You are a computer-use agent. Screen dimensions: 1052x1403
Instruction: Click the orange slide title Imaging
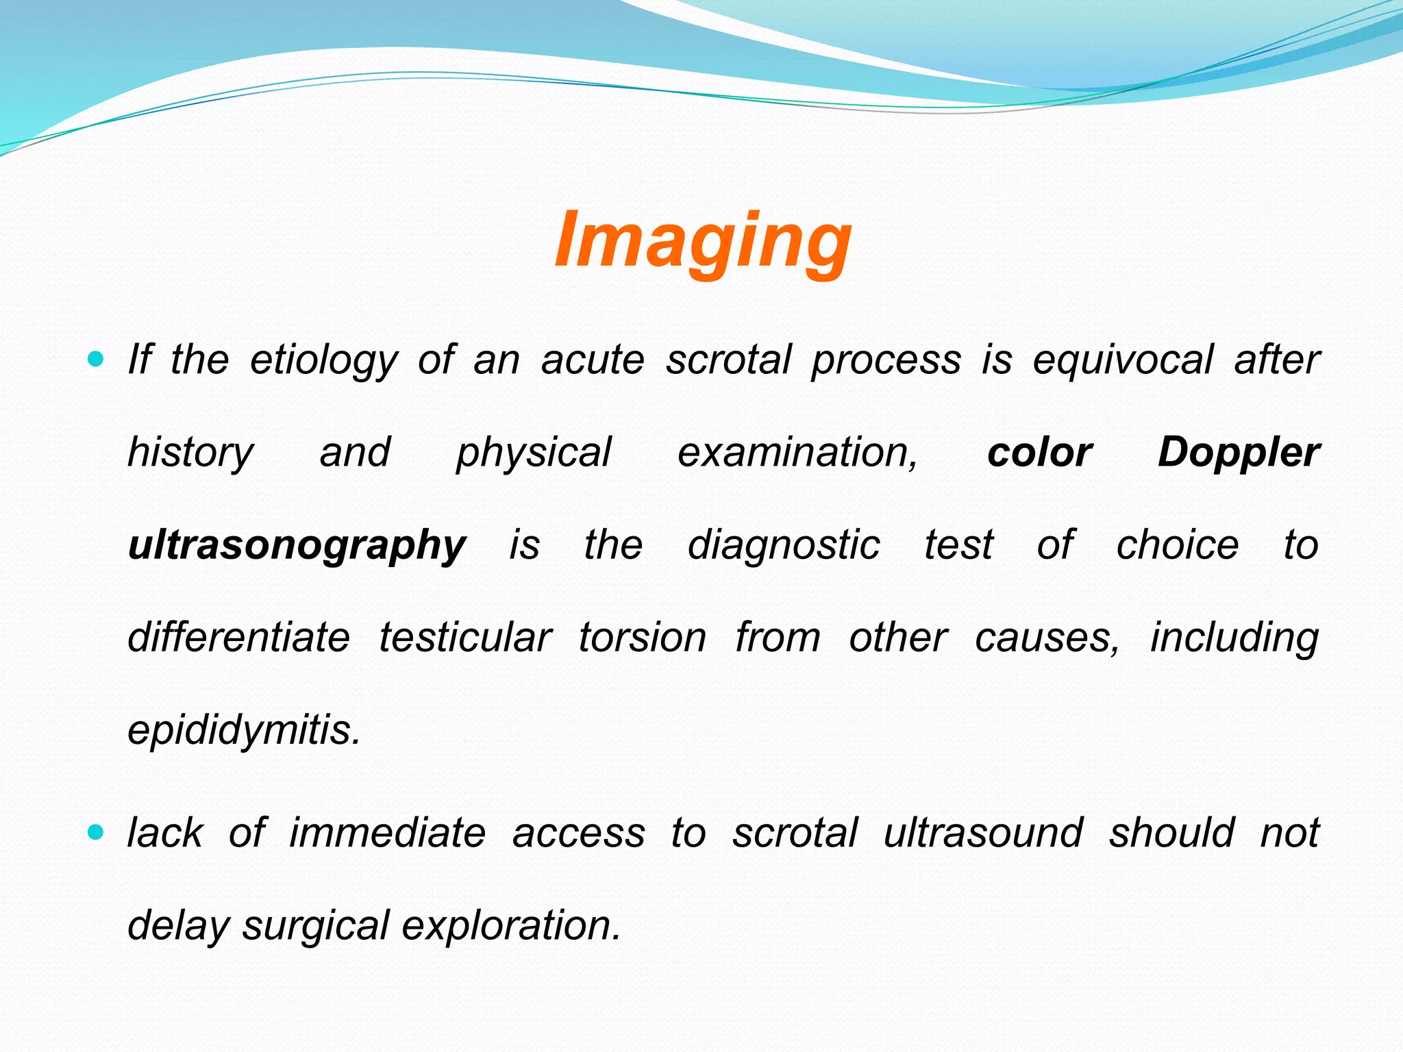point(703,241)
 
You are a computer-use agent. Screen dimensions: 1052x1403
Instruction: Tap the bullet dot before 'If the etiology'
point(96,358)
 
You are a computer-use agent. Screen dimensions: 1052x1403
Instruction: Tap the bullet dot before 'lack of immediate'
point(96,832)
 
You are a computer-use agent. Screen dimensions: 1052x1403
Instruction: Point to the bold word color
point(1039,453)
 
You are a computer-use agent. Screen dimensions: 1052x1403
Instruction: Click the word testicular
point(465,638)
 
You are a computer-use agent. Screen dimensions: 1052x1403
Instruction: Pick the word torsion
point(642,638)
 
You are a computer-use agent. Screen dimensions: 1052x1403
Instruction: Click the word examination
point(797,453)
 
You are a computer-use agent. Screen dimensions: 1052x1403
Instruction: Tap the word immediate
point(387,834)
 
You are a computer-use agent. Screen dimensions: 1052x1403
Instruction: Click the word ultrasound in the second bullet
point(983,834)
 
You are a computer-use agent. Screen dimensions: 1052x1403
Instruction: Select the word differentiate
point(239,638)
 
